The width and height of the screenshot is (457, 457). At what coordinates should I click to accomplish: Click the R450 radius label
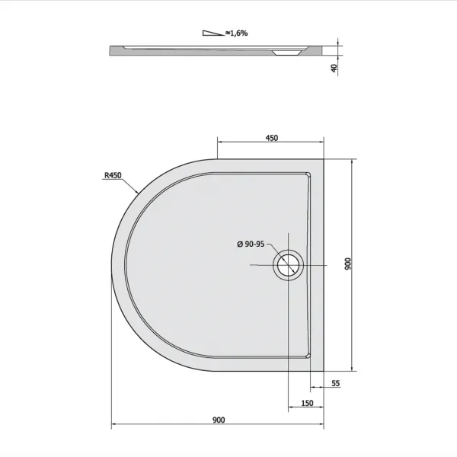[113, 175]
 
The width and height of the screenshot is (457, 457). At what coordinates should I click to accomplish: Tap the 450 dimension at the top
[272, 138]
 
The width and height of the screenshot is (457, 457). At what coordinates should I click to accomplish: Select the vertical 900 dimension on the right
[348, 264]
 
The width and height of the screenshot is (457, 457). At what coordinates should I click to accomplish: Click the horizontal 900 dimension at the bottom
[219, 420]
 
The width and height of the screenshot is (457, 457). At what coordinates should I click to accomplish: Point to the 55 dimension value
[336, 383]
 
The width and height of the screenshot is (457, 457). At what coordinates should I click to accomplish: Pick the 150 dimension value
[307, 403]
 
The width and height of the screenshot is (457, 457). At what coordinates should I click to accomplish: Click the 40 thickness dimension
[334, 69]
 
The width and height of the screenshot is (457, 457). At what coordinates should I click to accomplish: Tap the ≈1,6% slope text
[236, 34]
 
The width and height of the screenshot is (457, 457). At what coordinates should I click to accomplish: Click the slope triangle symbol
[213, 33]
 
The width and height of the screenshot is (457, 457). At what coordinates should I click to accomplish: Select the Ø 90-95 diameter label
[251, 244]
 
